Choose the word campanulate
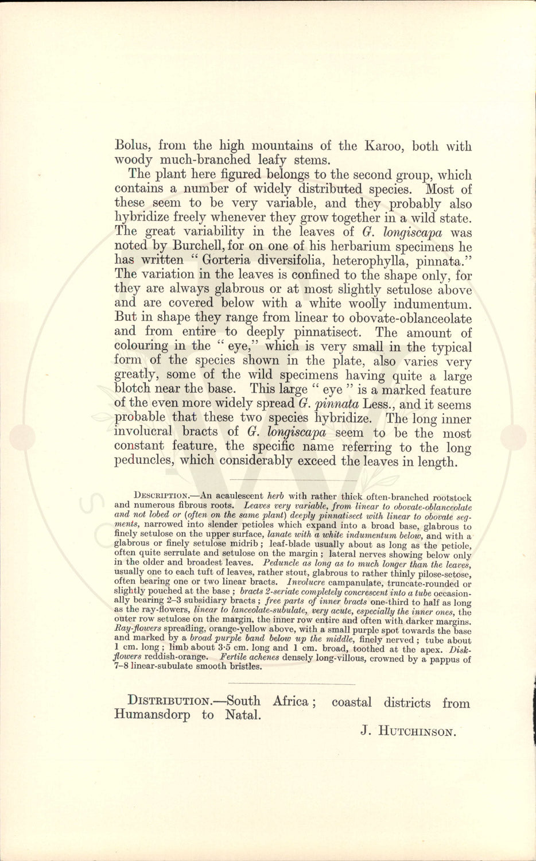[362, 581]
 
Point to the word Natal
[242, 715]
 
